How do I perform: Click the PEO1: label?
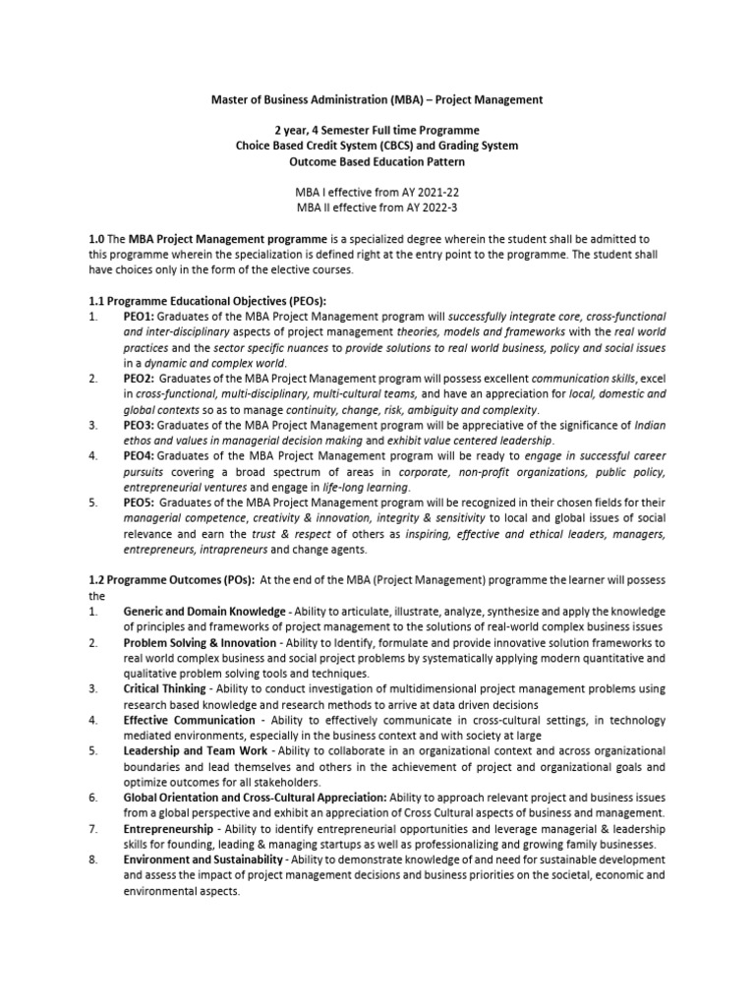click(x=139, y=318)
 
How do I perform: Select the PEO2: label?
click(x=139, y=379)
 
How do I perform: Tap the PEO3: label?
click(x=139, y=425)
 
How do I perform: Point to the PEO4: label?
click(x=139, y=456)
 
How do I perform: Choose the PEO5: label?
click(x=139, y=503)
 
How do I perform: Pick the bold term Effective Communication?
click(x=189, y=721)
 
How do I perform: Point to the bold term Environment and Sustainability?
click(x=202, y=860)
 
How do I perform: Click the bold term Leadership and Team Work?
click(x=193, y=751)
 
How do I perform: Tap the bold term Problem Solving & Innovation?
click(x=200, y=643)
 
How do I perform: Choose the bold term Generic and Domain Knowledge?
click(x=203, y=612)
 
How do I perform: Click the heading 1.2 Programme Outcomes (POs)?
click(x=171, y=580)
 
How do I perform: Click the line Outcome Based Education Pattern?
click(x=377, y=162)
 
